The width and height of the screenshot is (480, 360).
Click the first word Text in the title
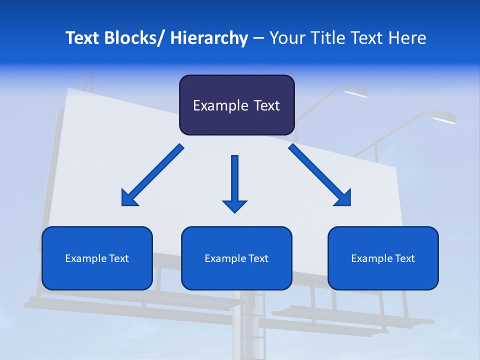[83, 38]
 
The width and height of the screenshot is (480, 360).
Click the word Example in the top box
[220, 105]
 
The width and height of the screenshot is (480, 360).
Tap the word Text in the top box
[266, 105]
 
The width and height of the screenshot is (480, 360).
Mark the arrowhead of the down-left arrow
[128, 199]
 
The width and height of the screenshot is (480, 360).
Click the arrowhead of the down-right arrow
[343, 198]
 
